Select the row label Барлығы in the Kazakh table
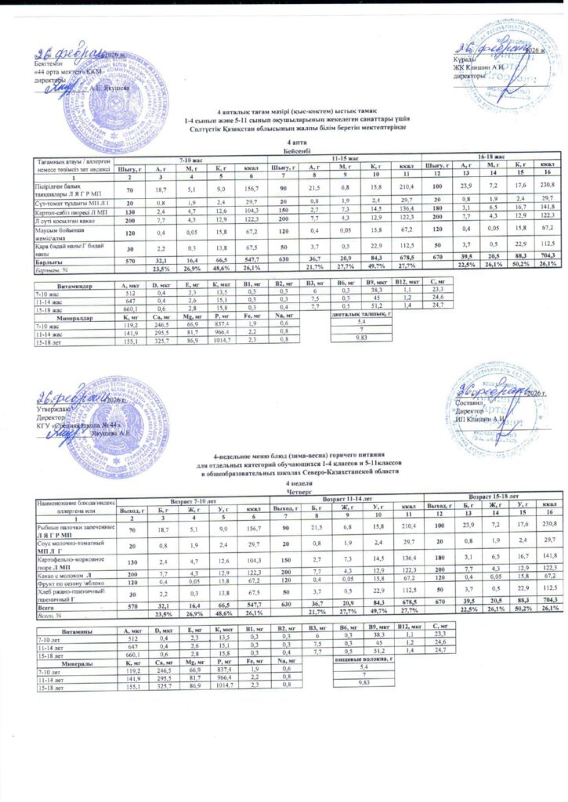47,239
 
